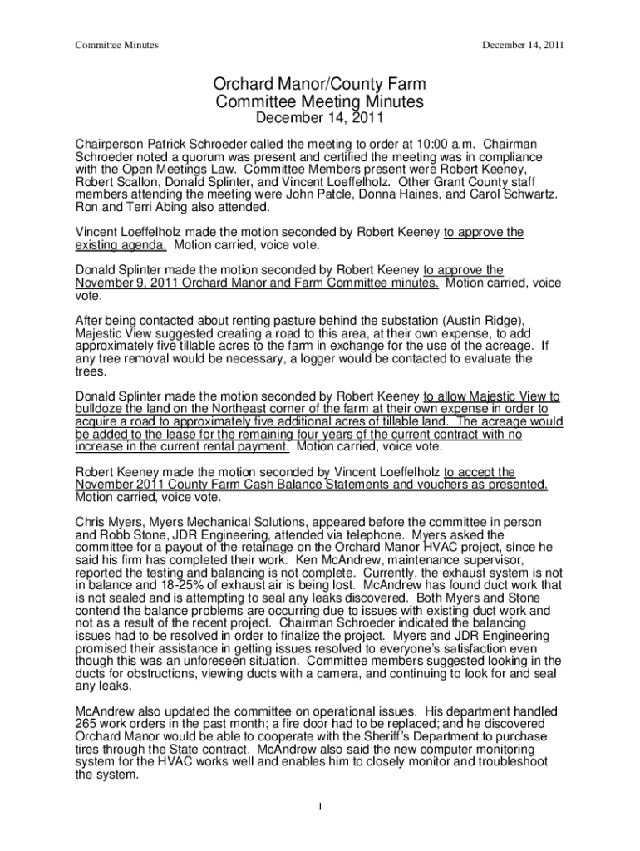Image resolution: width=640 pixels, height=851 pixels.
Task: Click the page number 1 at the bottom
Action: click(x=320, y=806)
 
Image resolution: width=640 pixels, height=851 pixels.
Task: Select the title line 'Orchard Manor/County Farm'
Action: click(x=320, y=86)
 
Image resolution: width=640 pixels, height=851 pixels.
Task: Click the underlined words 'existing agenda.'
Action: click(x=121, y=245)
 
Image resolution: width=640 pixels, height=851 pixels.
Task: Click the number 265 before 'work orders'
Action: click(x=87, y=725)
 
